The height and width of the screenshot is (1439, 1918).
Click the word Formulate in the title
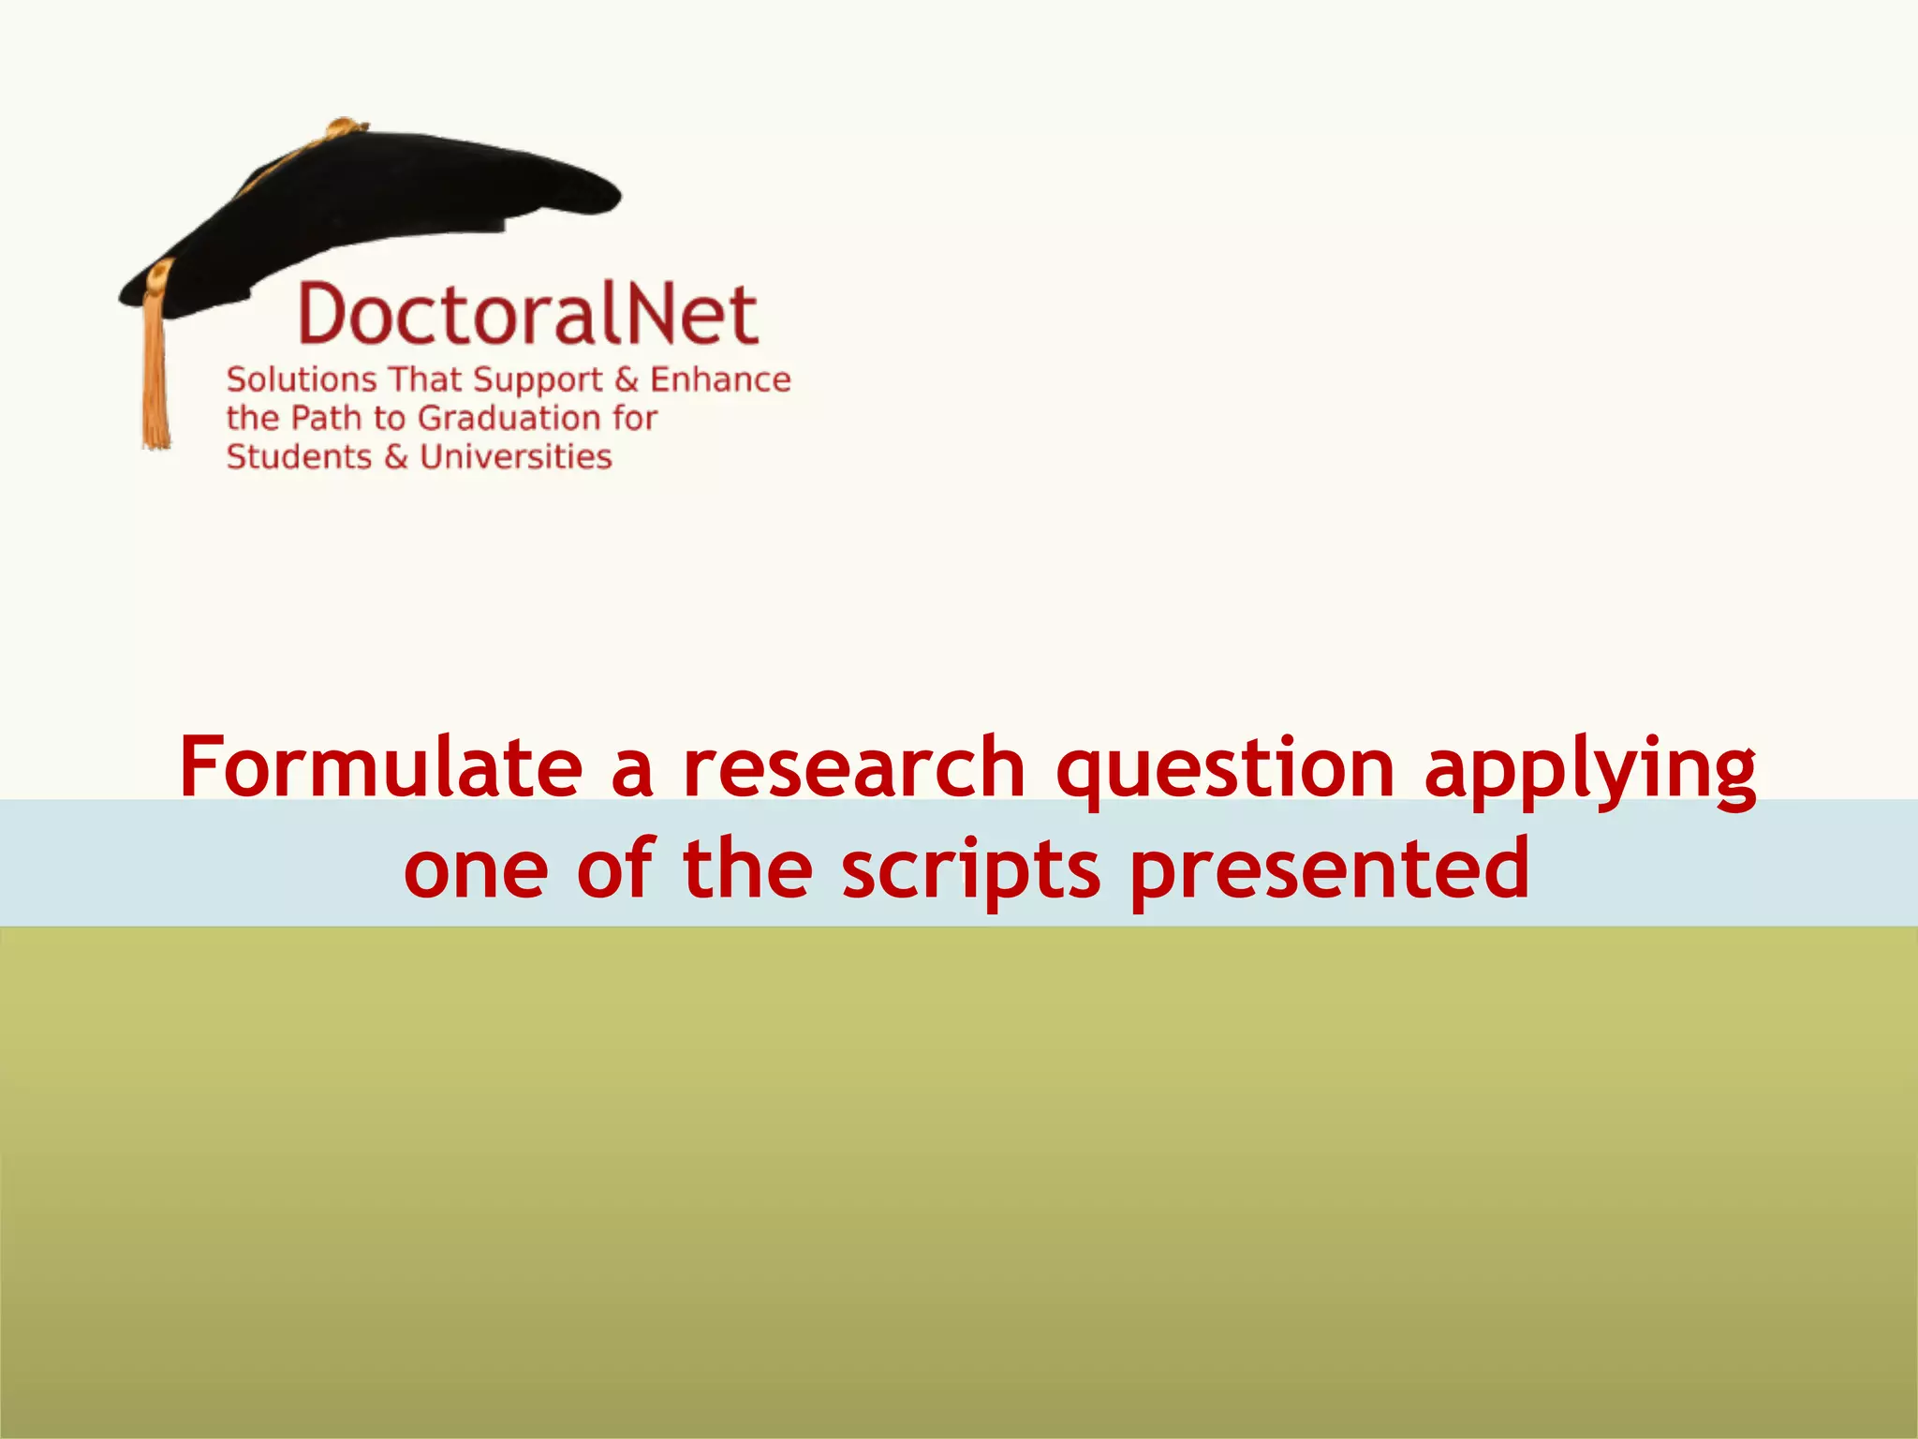point(380,768)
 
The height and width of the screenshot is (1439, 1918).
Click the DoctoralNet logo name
point(527,314)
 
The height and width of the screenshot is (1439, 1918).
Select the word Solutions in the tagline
point(301,379)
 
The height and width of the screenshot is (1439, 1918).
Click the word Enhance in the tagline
point(720,379)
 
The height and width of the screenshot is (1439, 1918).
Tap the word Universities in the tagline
point(515,457)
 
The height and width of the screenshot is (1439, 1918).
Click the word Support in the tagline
point(538,381)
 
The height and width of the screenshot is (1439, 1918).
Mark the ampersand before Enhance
point(627,379)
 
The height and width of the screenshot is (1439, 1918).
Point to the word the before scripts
point(747,869)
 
